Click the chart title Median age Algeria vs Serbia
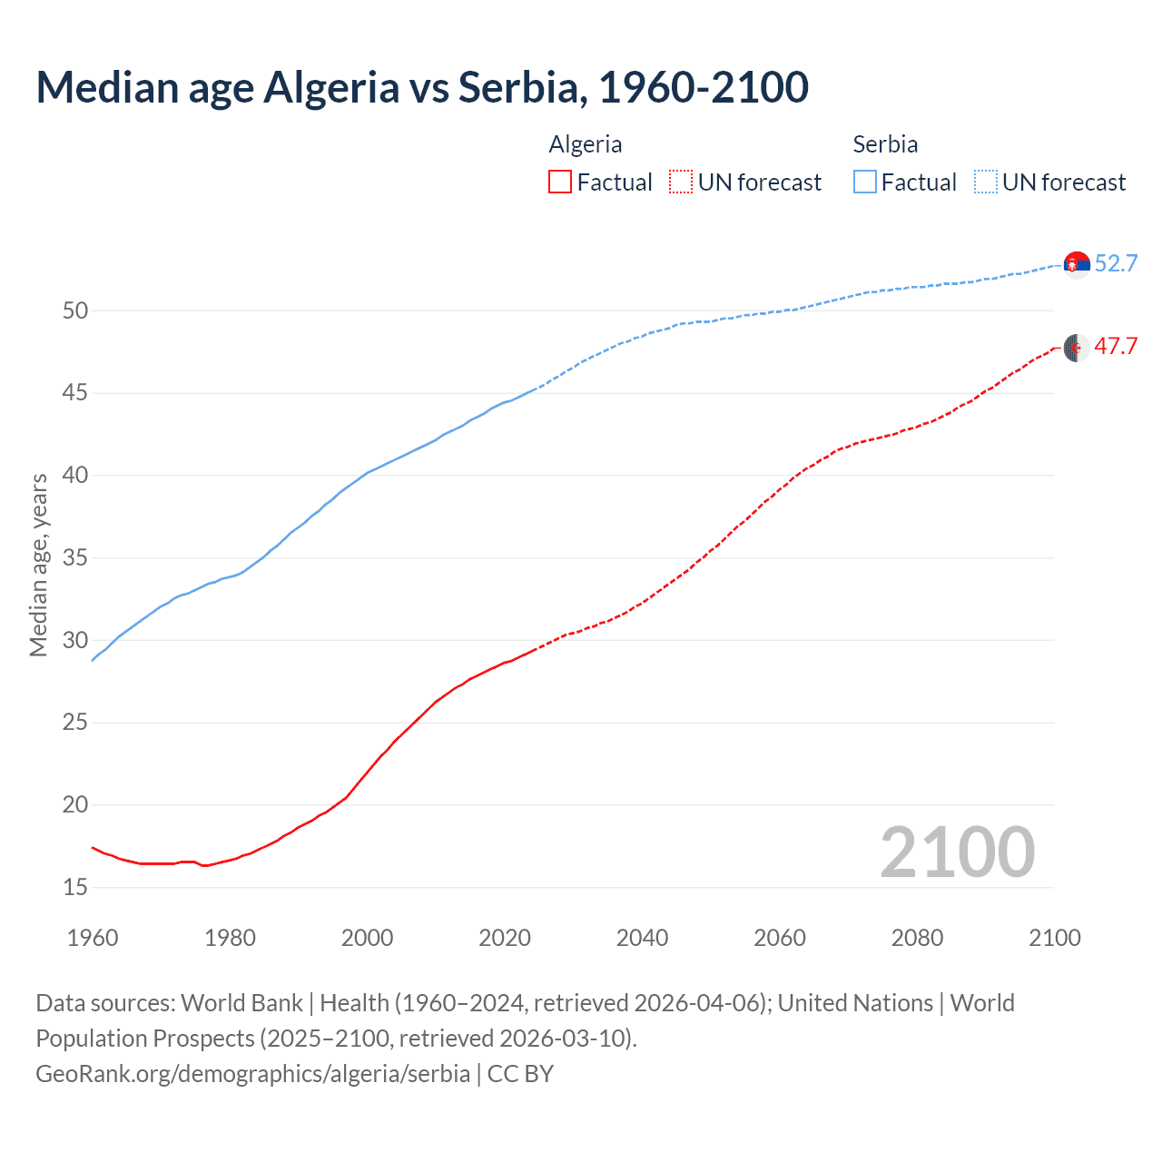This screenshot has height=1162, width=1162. pyautogui.click(x=422, y=88)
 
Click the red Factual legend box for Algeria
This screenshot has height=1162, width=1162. pyautogui.click(x=560, y=182)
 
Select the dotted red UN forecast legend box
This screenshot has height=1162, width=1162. pyautogui.click(x=680, y=182)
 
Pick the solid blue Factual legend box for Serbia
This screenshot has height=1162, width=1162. pyautogui.click(x=864, y=182)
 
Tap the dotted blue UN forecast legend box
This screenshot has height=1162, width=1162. pyautogui.click(x=985, y=182)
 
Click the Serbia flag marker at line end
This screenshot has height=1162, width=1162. pyautogui.click(x=1077, y=264)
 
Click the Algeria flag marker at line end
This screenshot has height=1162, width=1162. pyautogui.click(x=1077, y=347)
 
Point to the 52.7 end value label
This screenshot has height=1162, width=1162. pyautogui.click(x=1116, y=264)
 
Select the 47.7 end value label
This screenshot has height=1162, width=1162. pyautogui.click(x=1116, y=347)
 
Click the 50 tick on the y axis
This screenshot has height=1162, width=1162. pyautogui.click(x=75, y=311)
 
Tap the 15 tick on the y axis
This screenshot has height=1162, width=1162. pyautogui.click(x=75, y=887)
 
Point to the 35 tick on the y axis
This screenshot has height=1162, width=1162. pyautogui.click(x=75, y=558)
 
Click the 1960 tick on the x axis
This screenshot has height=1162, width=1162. pyautogui.click(x=93, y=938)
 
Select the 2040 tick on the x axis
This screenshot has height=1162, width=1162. pyautogui.click(x=642, y=938)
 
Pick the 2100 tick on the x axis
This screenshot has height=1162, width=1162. pyautogui.click(x=1054, y=938)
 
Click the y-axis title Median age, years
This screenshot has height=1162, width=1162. pyautogui.click(x=38, y=565)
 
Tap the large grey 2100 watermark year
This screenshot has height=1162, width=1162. pyautogui.click(x=957, y=852)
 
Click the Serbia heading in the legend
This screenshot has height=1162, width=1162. pyautogui.click(x=885, y=144)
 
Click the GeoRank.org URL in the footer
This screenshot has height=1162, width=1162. pyautogui.click(x=252, y=1074)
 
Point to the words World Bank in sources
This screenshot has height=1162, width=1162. pyautogui.click(x=241, y=1003)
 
